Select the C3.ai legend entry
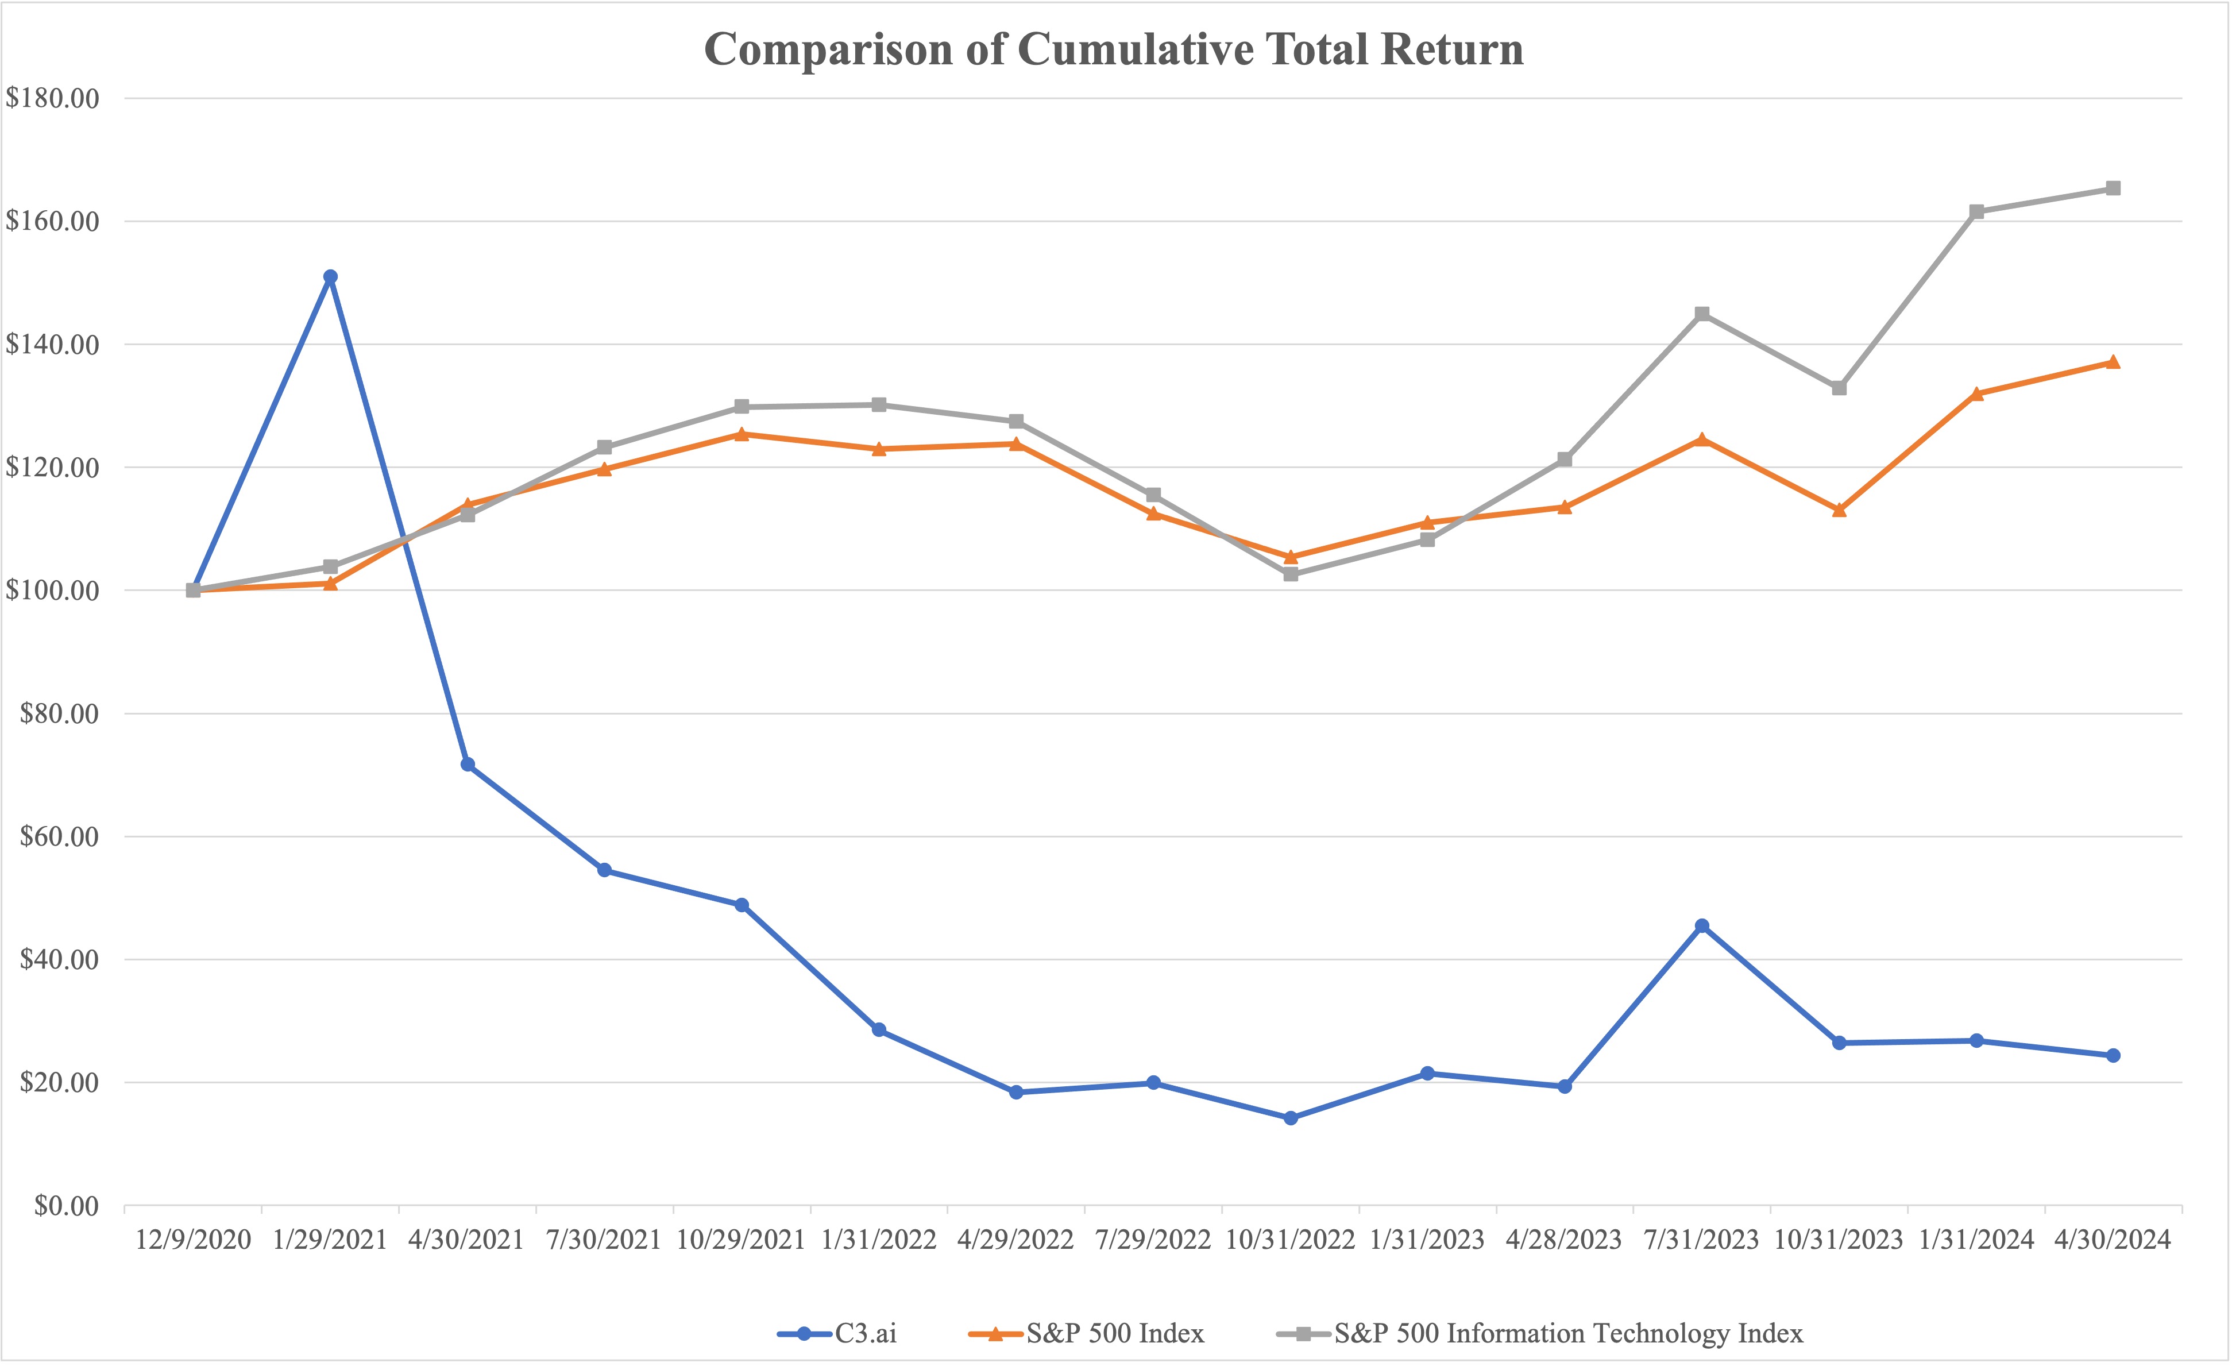pyautogui.click(x=865, y=1333)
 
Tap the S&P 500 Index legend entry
pyautogui.click(x=1114, y=1333)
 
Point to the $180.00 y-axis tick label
pyautogui.click(x=52, y=98)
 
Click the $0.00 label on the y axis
pyautogui.click(x=66, y=1206)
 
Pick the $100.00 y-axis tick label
pyautogui.click(x=52, y=591)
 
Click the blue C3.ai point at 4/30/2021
pyautogui.click(x=468, y=765)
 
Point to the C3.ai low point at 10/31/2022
pyautogui.click(x=1291, y=1118)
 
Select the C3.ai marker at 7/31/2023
pyautogui.click(x=1702, y=926)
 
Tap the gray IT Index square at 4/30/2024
pyautogui.click(x=2113, y=188)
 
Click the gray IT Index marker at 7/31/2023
pyautogui.click(x=1702, y=314)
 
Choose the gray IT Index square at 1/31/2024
pyautogui.click(x=1976, y=212)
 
